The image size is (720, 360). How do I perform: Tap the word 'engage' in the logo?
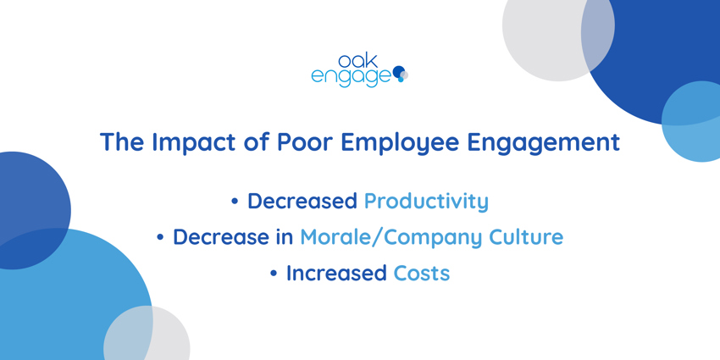coord(351,77)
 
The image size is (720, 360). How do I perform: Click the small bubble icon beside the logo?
coord(401,74)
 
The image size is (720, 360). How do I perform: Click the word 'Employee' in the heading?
coord(400,143)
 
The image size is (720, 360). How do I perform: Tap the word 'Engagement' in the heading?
coord(543,143)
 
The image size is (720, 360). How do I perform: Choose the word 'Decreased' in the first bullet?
coord(302,201)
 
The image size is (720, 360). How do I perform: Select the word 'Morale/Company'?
coord(390,237)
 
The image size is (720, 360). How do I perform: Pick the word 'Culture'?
coord(526,237)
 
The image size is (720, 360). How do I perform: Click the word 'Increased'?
coord(336,274)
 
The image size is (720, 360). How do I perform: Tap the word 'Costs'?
coord(422,274)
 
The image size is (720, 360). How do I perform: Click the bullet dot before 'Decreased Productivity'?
coord(235,202)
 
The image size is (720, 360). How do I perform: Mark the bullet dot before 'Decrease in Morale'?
coord(160,238)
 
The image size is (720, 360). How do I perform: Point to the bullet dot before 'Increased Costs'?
coord(274,274)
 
